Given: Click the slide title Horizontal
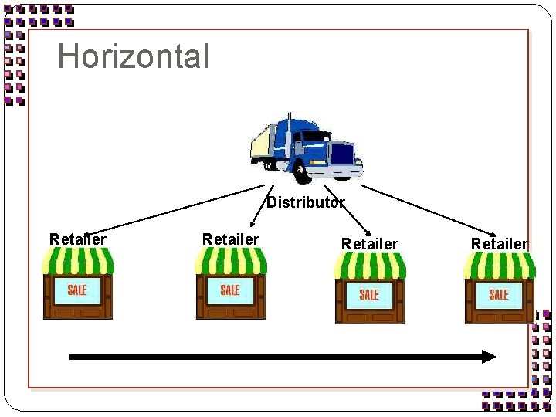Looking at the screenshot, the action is tap(134, 56).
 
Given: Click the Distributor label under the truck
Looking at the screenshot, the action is tap(304, 203).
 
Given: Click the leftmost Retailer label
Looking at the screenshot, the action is tap(77, 239).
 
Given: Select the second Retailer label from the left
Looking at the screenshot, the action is tap(230, 239).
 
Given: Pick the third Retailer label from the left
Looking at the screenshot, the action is tap(369, 244).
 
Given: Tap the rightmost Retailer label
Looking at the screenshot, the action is tap(499, 244).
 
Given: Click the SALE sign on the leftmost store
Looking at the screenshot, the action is tap(77, 290).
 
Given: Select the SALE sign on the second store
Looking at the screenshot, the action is tap(230, 290).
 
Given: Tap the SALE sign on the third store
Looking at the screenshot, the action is tap(369, 294).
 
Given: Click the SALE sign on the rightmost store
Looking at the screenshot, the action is tap(499, 294).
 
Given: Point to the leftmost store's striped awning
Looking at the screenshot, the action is tap(77, 263).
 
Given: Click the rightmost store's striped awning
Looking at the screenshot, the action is tap(499, 266).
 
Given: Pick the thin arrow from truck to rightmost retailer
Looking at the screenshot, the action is tap(429, 209).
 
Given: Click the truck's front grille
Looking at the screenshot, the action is tap(343, 154).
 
